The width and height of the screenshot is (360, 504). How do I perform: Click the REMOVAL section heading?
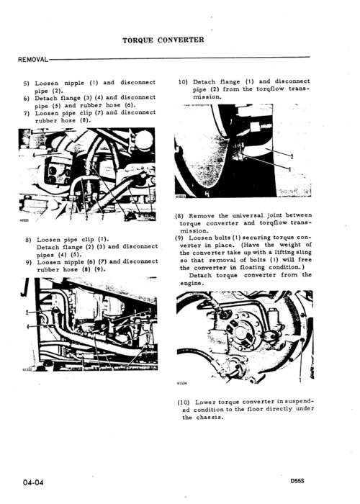click(32, 58)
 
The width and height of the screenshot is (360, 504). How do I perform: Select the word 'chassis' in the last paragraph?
click(208, 418)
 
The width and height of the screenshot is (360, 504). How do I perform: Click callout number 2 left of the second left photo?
click(27, 312)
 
